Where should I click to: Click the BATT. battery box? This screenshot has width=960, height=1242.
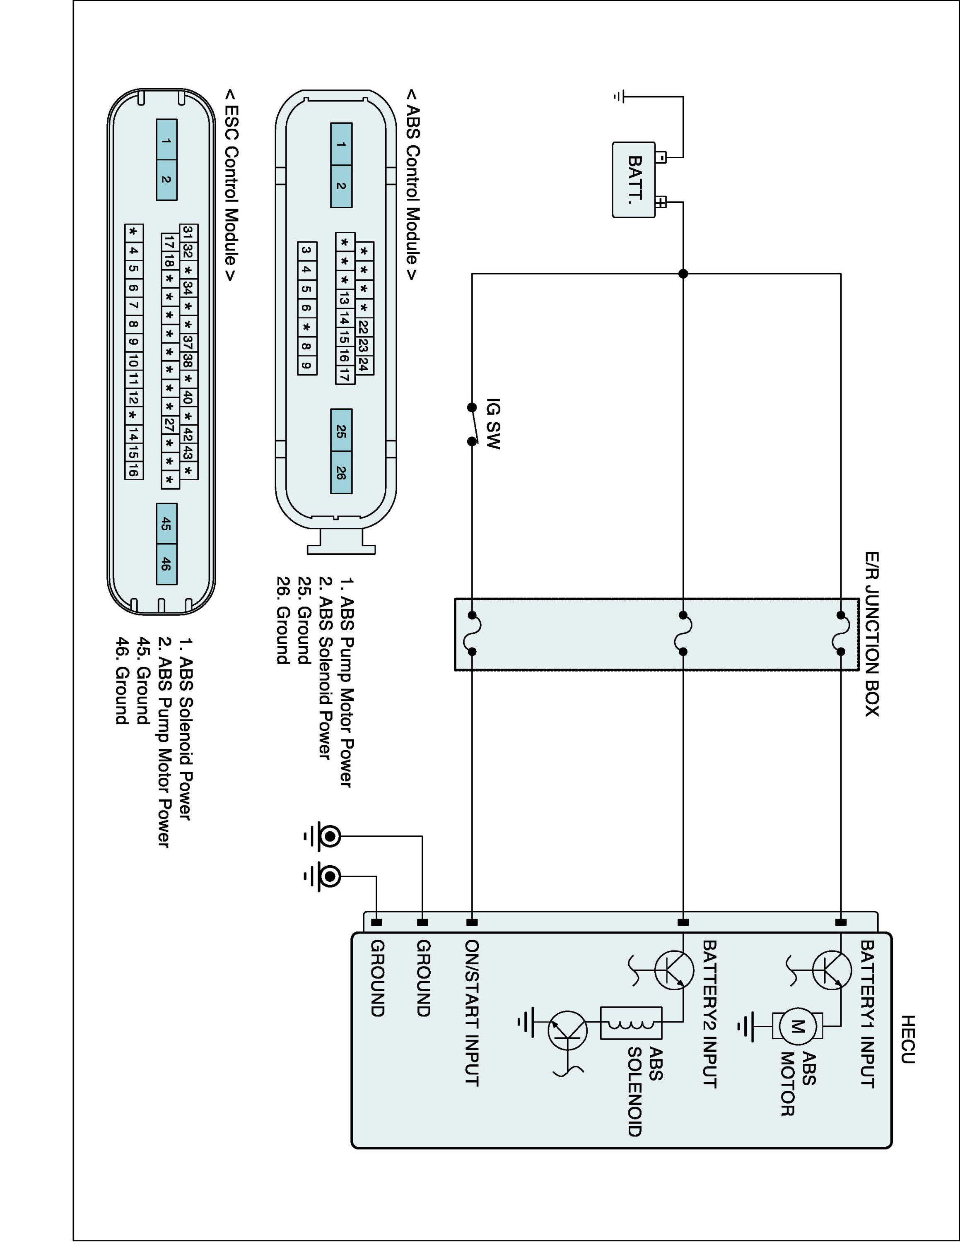pyautogui.click(x=634, y=180)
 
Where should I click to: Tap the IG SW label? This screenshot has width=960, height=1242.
pyautogui.click(x=493, y=424)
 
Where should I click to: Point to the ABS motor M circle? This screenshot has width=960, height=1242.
pyautogui.click(x=797, y=1026)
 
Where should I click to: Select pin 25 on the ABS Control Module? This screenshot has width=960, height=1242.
pyautogui.click(x=341, y=431)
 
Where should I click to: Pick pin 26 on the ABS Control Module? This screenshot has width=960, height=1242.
pyautogui.click(x=341, y=472)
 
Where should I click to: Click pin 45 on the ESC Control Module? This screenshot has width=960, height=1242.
pyautogui.click(x=166, y=524)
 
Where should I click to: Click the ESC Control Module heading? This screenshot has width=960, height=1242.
pyautogui.click(x=231, y=185)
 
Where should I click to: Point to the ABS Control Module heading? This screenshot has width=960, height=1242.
pyautogui.click(x=412, y=185)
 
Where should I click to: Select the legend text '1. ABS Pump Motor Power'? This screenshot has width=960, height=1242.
pyautogui.click(x=346, y=682)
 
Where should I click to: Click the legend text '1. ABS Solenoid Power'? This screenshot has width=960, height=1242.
pyautogui.click(x=184, y=729)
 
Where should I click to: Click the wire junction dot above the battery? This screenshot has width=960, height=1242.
pyautogui.click(x=683, y=274)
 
